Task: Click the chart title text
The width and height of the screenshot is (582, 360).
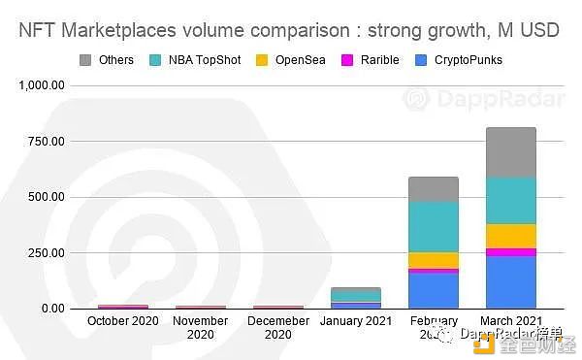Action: tap(290, 30)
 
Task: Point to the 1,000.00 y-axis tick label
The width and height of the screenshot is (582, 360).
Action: tap(41, 85)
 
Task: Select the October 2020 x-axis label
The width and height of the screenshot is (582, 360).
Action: tap(122, 320)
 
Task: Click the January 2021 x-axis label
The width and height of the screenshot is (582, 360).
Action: tap(355, 320)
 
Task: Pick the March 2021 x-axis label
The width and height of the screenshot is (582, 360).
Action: tap(510, 320)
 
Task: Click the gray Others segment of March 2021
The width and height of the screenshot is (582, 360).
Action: tap(510, 152)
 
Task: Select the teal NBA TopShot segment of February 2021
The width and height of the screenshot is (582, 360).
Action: tap(433, 227)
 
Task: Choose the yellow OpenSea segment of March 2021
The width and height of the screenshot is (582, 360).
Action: tap(510, 236)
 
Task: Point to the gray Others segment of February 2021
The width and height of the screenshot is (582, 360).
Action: tap(433, 189)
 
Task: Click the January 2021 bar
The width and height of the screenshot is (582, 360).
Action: tap(355, 298)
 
